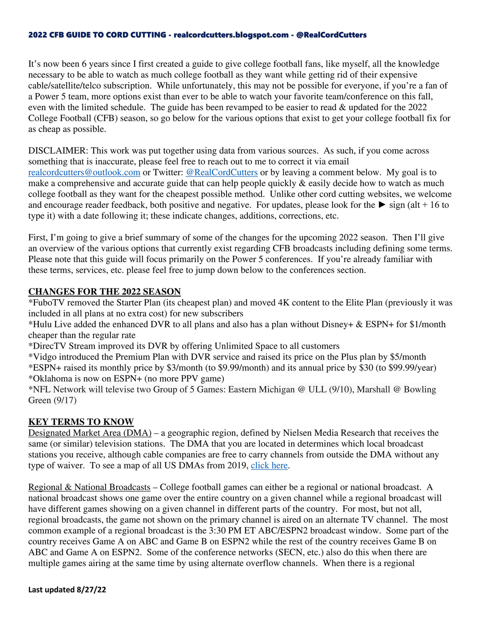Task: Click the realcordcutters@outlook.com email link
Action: click(x=84, y=172)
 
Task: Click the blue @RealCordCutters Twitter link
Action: click(x=221, y=172)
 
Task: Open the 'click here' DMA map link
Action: click(x=269, y=465)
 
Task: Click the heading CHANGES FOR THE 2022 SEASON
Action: click(x=104, y=291)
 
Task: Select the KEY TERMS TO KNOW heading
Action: click(x=81, y=422)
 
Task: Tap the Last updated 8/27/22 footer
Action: click(x=67, y=589)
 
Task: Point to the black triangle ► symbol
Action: click(x=382, y=205)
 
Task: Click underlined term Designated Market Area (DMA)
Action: click(x=90, y=433)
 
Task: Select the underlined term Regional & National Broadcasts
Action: click(x=89, y=487)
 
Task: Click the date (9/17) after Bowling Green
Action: click(x=65, y=400)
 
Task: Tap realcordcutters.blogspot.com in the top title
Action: click(x=231, y=35)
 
